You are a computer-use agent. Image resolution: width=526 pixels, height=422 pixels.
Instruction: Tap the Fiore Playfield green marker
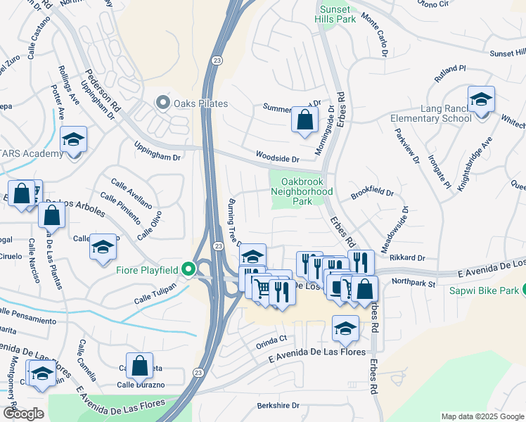188,269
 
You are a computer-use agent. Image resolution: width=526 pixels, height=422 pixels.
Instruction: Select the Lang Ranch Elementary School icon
481,100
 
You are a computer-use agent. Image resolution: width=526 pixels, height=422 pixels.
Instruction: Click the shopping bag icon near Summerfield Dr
304,120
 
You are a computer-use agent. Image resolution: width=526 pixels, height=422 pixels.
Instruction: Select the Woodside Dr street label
277,160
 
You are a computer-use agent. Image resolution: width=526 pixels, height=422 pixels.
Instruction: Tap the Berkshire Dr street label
278,406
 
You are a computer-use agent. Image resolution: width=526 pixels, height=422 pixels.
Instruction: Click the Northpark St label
414,281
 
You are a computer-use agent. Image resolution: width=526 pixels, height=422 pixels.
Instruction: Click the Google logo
23,414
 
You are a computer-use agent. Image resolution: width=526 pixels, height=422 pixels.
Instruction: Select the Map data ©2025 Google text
482,416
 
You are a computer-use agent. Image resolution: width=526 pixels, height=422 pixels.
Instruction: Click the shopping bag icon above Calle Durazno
139,366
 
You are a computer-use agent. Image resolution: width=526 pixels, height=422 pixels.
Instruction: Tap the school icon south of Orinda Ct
345,328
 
